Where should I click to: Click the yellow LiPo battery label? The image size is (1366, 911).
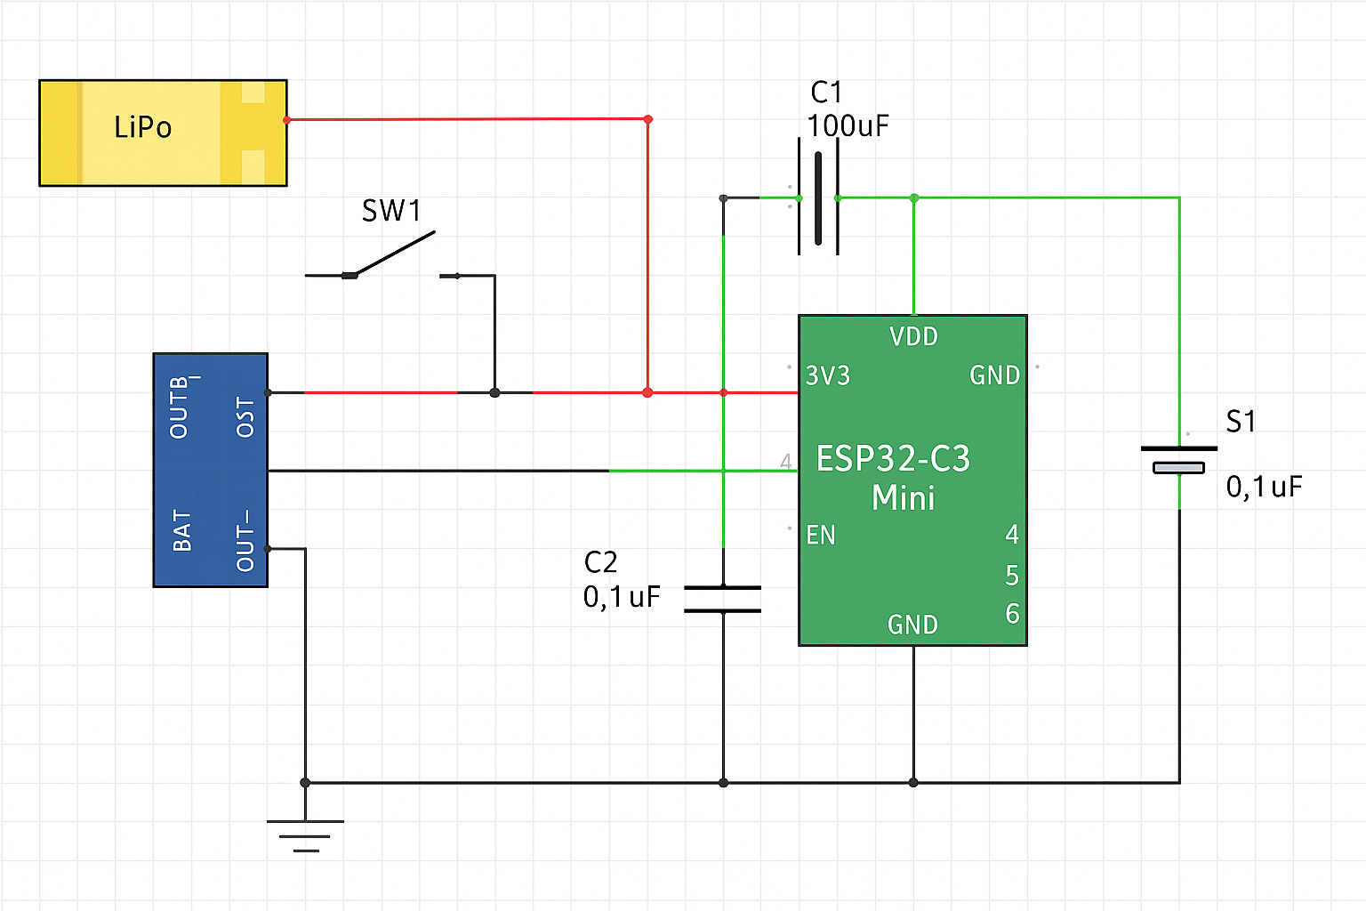pyautogui.click(x=142, y=127)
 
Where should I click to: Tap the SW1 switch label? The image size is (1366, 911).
pyautogui.click(x=391, y=211)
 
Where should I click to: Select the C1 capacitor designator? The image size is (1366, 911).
pyautogui.click(x=826, y=92)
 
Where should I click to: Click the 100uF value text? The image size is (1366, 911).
pyautogui.click(x=848, y=125)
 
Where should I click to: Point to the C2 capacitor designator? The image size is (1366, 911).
pyautogui.click(x=600, y=562)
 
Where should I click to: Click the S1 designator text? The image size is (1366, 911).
pyautogui.click(x=1241, y=421)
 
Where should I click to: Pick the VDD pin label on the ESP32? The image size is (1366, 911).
pyautogui.click(x=913, y=336)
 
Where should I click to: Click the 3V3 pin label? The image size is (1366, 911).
pyautogui.click(x=828, y=375)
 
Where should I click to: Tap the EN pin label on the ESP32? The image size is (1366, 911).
pyautogui.click(x=821, y=535)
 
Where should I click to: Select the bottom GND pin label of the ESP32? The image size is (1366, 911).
pyautogui.click(x=912, y=625)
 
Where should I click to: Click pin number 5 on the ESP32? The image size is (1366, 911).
pyautogui.click(x=1012, y=576)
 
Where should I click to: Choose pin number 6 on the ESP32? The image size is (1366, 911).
pyautogui.click(x=1012, y=614)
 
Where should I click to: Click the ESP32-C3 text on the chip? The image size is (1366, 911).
pyautogui.click(x=893, y=459)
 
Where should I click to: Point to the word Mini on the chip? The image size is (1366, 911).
pyautogui.click(x=904, y=497)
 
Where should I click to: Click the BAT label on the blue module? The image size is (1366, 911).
pyautogui.click(x=182, y=530)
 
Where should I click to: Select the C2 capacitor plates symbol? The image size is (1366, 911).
pyautogui.click(x=723, y=599)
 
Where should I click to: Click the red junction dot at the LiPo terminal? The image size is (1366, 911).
pyautogui.click(x=286, y=120)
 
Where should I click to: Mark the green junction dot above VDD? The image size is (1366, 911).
pyautogui.click(x=914, y=198)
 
